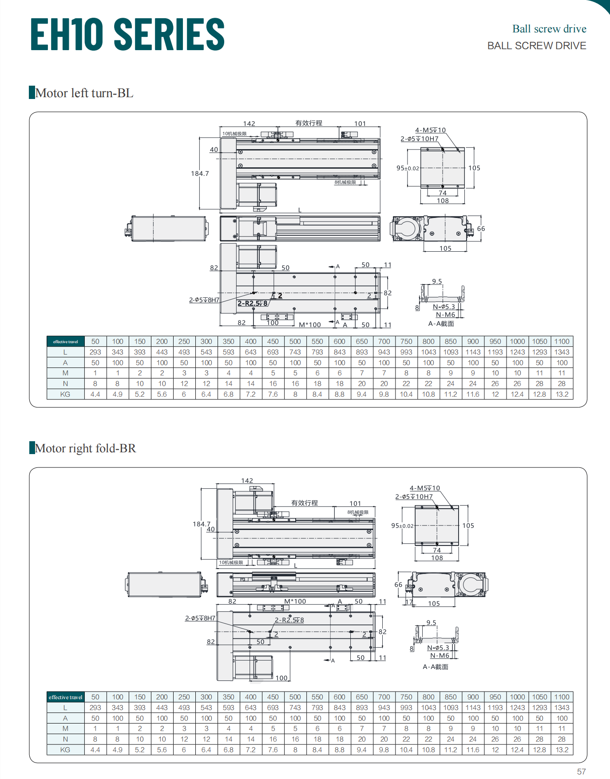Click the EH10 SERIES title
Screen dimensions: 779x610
coord(127,34)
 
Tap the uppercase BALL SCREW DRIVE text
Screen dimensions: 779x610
coord(536,46)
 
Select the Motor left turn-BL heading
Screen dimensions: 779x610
coord(84,93)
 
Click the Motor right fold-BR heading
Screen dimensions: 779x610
coord(85,448)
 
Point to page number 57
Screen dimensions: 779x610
coord(581,771)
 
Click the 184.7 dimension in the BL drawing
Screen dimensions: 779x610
coord(200,174)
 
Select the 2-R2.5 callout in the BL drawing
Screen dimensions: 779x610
coord(253,304)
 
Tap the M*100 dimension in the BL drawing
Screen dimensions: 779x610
coord(310,325)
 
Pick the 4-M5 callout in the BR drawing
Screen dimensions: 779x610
coord(424,488)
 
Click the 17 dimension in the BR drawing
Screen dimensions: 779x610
coord(409,602)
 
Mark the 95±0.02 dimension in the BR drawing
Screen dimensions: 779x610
coord(402,526)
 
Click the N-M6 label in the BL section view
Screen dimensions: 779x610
coord(445,315)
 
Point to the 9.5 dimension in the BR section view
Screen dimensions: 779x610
coord(431,623)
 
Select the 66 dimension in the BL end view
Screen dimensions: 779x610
coord(481,229)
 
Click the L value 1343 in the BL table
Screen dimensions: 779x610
coord(562,352)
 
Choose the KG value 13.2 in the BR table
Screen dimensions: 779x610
coord(562,750)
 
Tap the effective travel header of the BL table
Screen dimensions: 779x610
coord(65,341)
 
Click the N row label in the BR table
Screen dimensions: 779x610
coord(65,739)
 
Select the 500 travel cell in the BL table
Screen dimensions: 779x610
coord(295,341)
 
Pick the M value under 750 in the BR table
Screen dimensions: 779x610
coord(406,728)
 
